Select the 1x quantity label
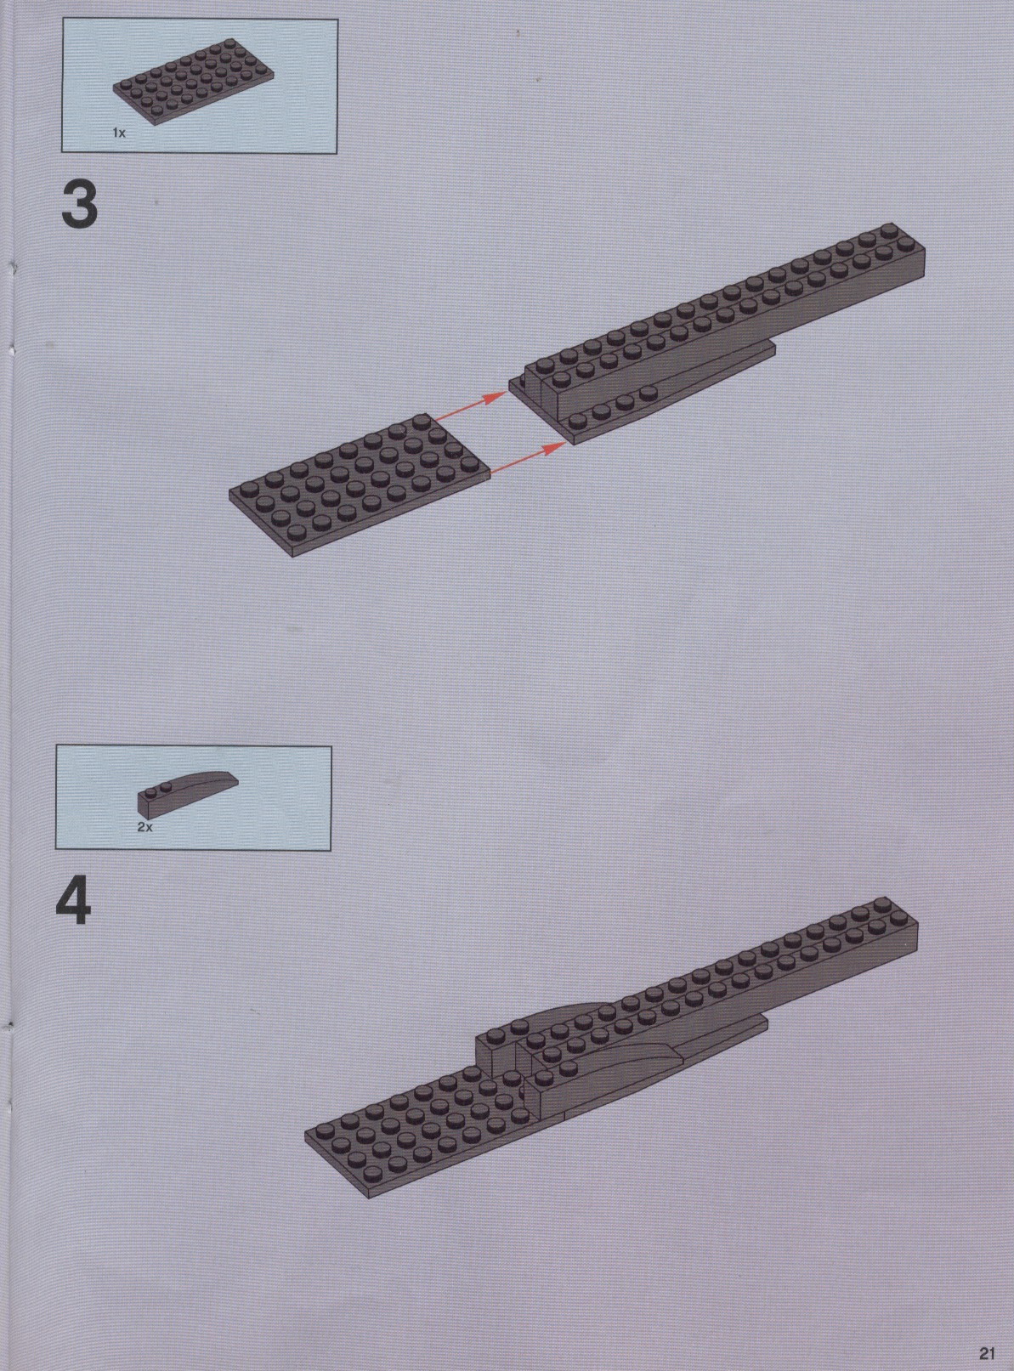tap(119, 133)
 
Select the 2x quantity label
tap(144, 827)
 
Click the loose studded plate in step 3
tap(360, 484)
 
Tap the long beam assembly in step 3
tap(717, 334)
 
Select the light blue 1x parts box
tap(199, 85)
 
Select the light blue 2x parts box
tap(193, 799)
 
